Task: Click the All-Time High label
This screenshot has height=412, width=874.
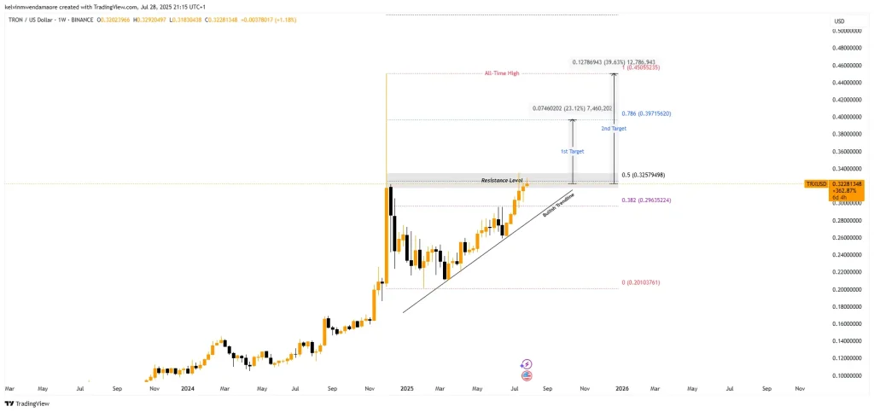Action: pos(502,74)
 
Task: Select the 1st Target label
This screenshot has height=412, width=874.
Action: pos(572,151)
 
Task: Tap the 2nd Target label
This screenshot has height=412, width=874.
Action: pos(613,129)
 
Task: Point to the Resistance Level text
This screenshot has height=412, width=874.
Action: pos(502,181)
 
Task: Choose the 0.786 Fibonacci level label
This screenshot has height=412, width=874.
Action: pos(646,113)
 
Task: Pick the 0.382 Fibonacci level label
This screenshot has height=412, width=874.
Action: pos(646,200)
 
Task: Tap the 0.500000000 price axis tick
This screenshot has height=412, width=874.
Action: pos(850,31)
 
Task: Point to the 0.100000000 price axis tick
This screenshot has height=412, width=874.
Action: pos(850,375)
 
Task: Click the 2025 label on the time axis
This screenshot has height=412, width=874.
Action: pos(407,388)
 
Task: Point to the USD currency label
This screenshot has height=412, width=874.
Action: pos(839,20)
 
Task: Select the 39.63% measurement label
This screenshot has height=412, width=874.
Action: pos(614,63)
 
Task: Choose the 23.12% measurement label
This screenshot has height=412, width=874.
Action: pos(570,108)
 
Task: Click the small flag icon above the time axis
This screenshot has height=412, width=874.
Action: pos(527,375)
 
